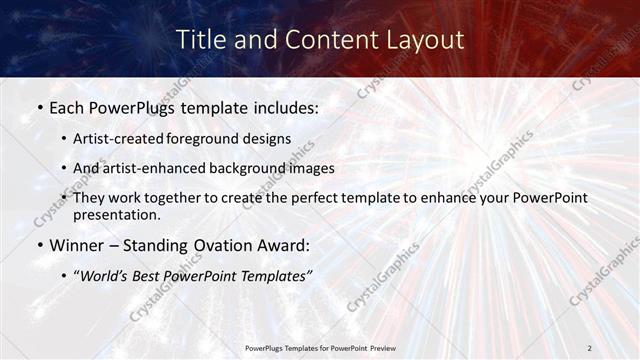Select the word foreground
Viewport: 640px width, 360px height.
point(209,138)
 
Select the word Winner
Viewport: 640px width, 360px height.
point(76,245)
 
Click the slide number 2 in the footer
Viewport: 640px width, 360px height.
point(589,347)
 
